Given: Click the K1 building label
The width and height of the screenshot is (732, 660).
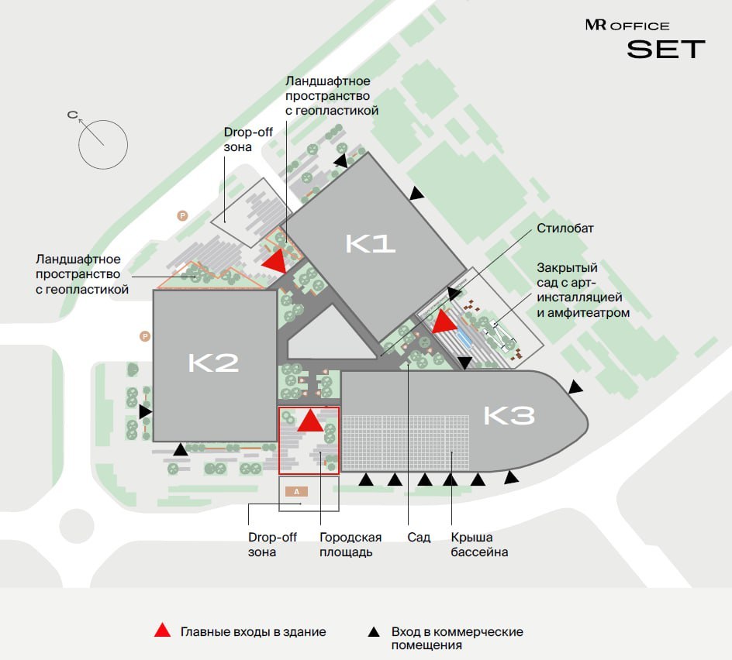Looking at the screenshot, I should (371, 244).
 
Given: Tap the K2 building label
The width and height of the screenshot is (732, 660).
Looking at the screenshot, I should (213, 363).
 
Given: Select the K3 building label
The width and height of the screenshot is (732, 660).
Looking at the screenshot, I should (509, 416).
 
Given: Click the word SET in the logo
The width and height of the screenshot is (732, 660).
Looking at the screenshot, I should (666, 50).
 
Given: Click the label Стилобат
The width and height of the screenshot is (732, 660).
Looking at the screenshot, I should (564, 229).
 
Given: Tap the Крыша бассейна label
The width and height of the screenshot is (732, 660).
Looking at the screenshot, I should (479, 545).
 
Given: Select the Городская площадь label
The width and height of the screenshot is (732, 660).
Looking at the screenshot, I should (350, 545).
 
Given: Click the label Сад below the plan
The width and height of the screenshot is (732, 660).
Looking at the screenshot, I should (419, 538).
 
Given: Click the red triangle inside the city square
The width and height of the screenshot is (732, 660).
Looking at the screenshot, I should (310, 421).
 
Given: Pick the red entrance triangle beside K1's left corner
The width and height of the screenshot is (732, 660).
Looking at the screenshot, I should (274, 261).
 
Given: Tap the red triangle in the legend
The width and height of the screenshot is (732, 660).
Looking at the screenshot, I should (162, 631).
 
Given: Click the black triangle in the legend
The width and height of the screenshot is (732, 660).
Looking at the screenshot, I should (374, 631).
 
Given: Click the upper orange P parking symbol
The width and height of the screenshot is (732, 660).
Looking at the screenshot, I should (183, 215).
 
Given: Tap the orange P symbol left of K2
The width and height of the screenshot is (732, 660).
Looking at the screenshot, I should (143, 336).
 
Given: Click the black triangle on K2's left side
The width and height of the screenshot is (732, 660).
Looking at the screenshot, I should (145, 412).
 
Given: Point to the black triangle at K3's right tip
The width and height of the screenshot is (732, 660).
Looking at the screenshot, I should (574, 387).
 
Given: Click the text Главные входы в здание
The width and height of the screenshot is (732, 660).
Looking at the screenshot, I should (254, 632).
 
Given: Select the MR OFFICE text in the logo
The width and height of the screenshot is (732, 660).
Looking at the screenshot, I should (627, 26).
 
